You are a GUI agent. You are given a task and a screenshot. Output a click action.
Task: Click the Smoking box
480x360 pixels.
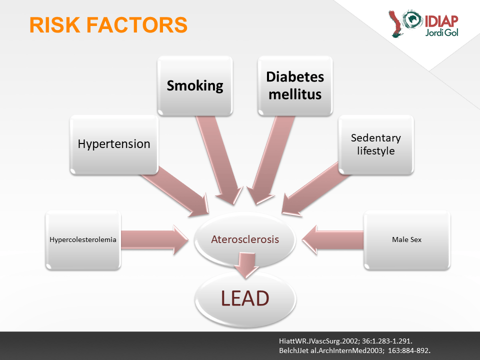tap(195, 85)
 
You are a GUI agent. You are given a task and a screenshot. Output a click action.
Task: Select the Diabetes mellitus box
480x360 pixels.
tap(295, 85)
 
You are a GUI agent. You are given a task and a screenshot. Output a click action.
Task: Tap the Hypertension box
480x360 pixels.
tap(114, 145)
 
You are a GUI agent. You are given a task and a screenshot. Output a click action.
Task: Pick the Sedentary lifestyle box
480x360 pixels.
tap(376, 145)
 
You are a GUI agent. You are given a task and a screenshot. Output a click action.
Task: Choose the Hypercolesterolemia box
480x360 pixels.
tap(83, 240)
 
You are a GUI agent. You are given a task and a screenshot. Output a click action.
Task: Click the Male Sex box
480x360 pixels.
tap(407, 240)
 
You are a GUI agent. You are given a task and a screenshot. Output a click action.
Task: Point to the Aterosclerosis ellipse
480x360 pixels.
tap(245, 239)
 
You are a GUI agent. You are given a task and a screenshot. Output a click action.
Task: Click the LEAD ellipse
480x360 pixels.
tap(245, 299)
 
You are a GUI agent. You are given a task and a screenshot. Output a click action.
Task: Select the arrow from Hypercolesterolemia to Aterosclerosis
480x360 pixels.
tap(154, 240)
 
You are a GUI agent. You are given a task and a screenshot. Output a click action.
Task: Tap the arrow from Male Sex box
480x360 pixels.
tap(332, 240)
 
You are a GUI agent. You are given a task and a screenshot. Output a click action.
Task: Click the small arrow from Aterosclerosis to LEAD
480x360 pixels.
tap(246, 265)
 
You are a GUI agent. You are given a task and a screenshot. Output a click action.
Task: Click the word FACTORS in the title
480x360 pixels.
tap(137, 25)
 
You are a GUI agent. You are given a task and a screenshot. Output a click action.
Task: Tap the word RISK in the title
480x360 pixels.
tap(55, 25)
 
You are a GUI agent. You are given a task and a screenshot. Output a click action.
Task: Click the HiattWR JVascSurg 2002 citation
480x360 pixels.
tap(345, 341)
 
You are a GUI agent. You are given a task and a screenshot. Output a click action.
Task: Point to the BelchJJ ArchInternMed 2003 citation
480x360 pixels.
tap(355, 350)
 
